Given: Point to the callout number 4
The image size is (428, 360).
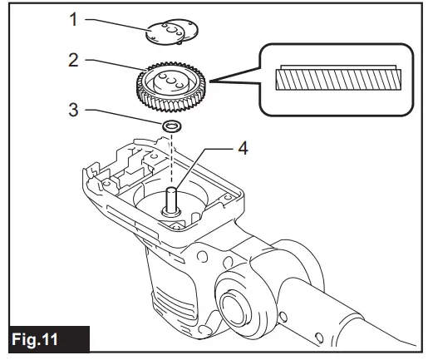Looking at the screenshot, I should coord(242,149).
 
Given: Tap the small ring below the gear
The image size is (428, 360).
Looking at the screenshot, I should coord(172,125).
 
